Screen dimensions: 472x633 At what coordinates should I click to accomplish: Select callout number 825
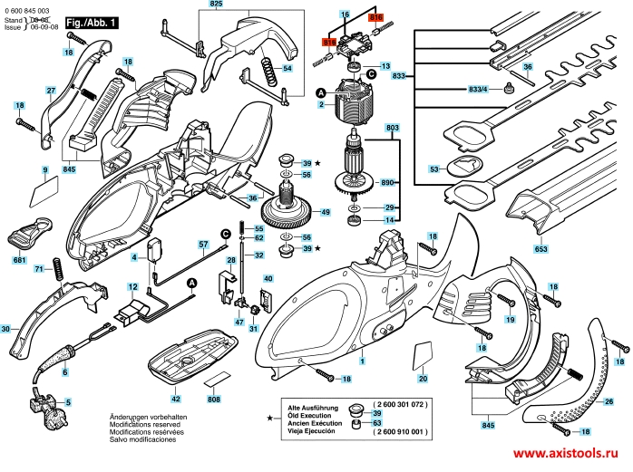coord(215,5)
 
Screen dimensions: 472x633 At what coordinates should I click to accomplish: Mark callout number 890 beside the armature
coord(391,181)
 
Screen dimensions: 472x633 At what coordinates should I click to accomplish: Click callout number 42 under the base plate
coord(176,399)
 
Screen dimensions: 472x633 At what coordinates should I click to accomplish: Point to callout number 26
coord(609,400)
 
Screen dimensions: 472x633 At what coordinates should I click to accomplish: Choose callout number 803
coord(391,130)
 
